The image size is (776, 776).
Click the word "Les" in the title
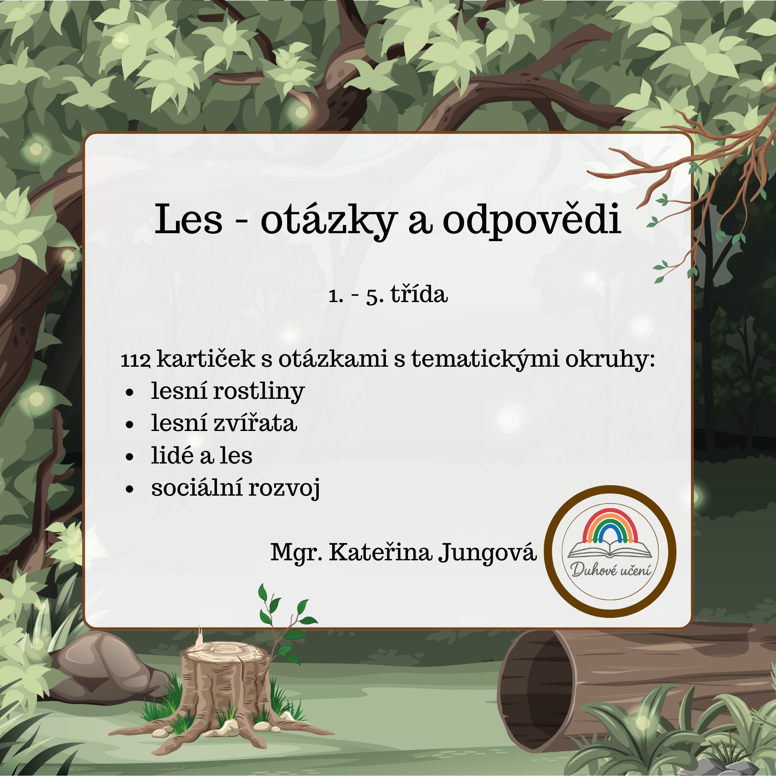pyautogui.click(x=189, y=219)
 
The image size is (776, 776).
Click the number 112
pyautogui.click(x=136, y=360)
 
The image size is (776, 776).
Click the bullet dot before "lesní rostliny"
pyautogui.click(x=130, y=393)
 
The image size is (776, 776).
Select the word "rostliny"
pyautogui.click(x=259, y=392)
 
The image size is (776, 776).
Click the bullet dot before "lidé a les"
pyautogui.click(x=130, y=457)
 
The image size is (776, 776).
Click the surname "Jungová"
pyautogui.click(x=487, y=553)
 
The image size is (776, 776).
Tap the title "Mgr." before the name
pyautogui.click(x=296, y=553)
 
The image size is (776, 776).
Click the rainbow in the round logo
pyautogui.click(x=610, y=525)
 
